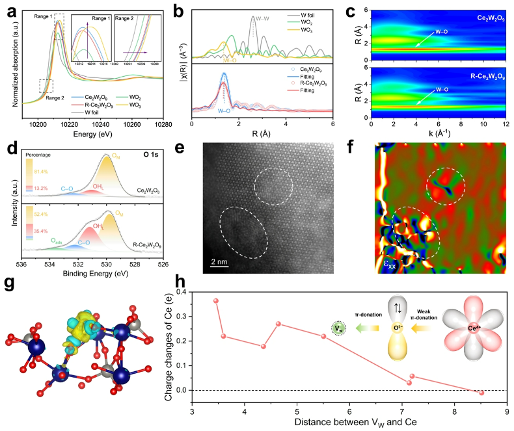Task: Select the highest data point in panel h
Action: [x=216, y=300]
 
